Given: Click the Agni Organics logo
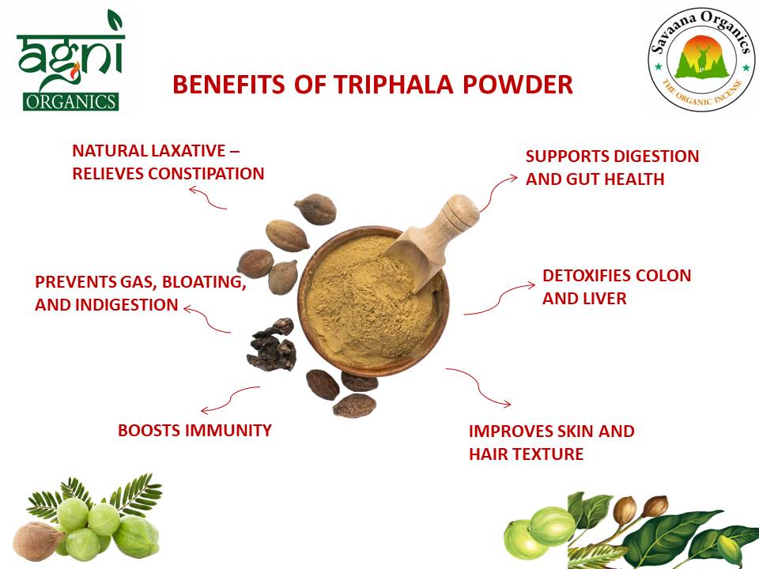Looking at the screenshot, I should pyautogui.click(x=69, y=62).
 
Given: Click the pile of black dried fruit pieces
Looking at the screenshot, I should pyautogui.click(x=271, y=345).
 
